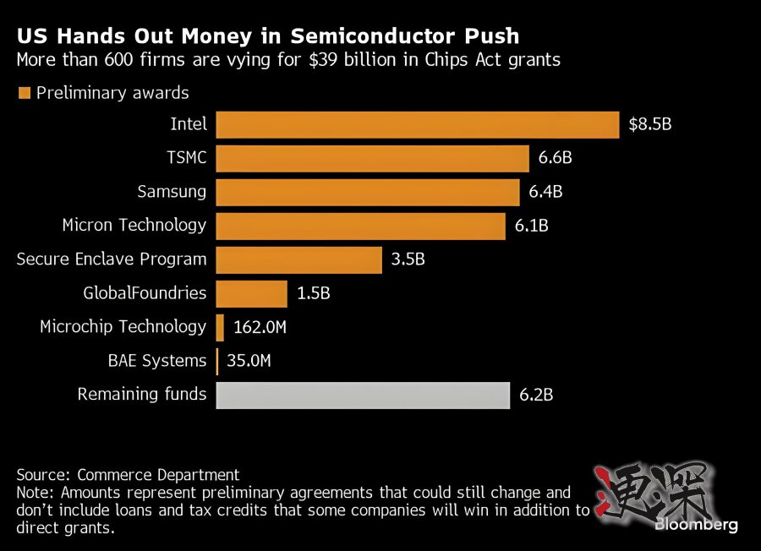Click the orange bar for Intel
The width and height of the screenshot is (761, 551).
click(418, 124)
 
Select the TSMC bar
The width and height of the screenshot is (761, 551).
click(372, 158)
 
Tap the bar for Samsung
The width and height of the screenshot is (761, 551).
click(368, 192)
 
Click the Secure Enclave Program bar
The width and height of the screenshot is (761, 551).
click(299, 259)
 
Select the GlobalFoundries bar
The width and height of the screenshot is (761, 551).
click(252, 293)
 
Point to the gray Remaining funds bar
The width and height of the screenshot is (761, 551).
click(363, 395)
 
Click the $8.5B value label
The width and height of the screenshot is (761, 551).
click(649, 124)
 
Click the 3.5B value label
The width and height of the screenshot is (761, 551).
click(408, 259)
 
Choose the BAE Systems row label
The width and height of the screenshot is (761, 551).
click(156, 361)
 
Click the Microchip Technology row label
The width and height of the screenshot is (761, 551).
click(123, 327)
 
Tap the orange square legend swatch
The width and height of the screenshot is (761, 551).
click(24, 93)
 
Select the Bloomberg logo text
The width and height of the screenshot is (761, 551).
click(696, 525)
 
